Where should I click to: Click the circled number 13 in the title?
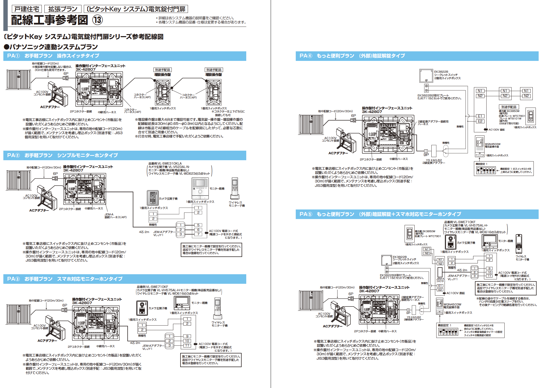[97, 20]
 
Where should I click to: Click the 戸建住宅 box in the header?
[27, 9]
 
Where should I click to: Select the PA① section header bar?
[125, 56]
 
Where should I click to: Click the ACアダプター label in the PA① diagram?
[50, 107]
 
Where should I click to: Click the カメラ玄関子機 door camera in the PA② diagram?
[152, 198]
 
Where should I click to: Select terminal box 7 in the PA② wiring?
[198, 234]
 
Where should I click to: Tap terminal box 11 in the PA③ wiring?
[187, 345]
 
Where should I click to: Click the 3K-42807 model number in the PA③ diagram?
[82, 303]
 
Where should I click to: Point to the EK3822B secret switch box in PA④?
[426, 76]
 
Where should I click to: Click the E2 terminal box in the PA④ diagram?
[480, 121]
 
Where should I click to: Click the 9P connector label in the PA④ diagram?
[426, 155]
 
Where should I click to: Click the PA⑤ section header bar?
[417, 214]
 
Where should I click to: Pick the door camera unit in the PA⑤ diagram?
[450, 242]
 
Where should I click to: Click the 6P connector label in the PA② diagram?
[55, 174]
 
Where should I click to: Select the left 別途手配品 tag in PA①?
[162, 70]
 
